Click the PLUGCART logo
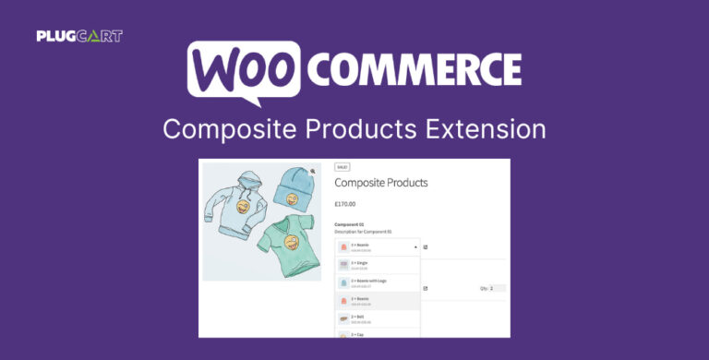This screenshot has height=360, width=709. (79, 36)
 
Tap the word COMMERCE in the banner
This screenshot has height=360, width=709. (414, 69)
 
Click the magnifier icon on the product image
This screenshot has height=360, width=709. (313, 172)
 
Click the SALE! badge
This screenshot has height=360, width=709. (342, 167)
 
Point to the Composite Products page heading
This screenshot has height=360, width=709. (380, 183)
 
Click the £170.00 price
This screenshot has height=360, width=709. (344, 204)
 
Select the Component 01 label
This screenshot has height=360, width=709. (350, 224)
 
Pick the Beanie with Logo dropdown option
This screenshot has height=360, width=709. (369, 282)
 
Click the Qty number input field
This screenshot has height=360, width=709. (497, 288)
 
